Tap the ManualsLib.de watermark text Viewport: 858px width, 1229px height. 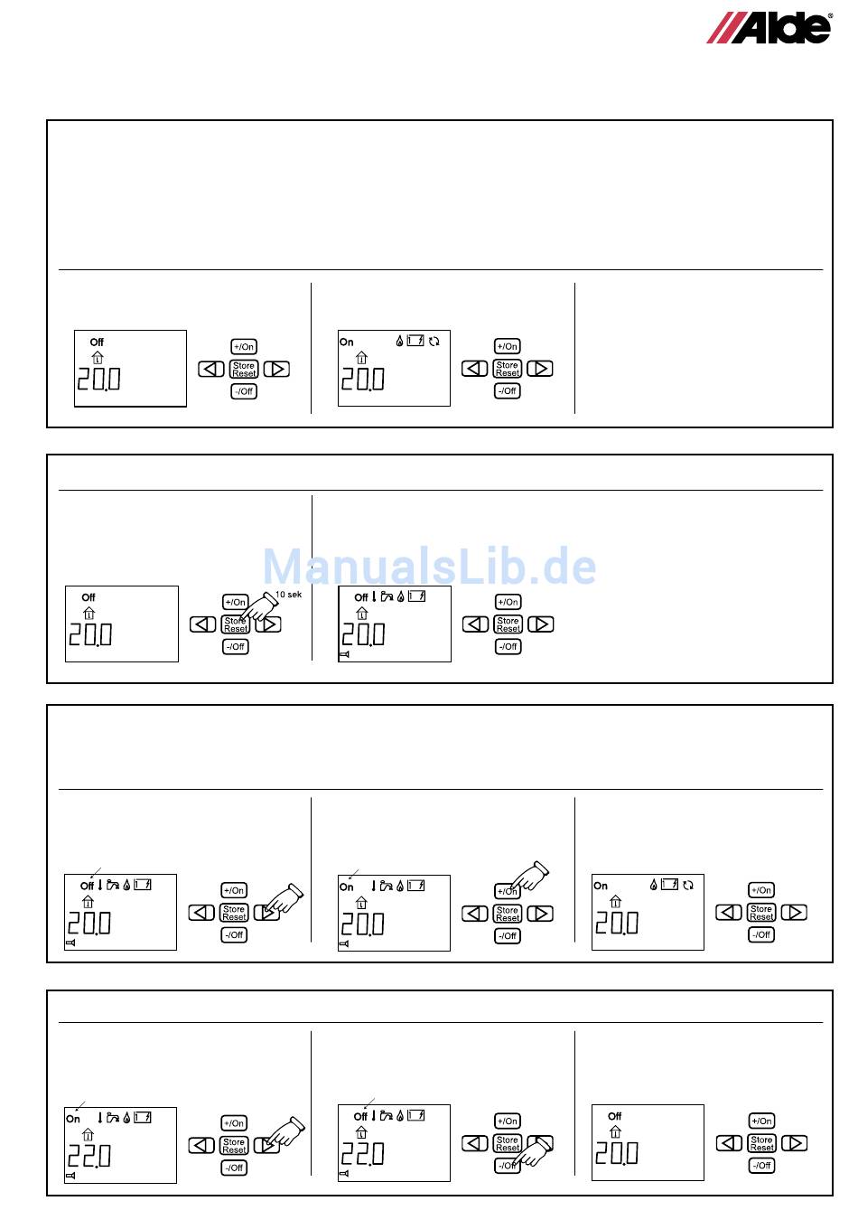(429, 568)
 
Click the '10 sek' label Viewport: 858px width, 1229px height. (288, 594)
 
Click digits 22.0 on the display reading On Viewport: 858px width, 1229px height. (89, 1156)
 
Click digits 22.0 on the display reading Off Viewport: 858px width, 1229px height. (362, 1154)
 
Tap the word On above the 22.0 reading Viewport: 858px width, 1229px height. (73, 1119)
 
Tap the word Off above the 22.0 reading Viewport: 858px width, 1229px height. (360, 1116)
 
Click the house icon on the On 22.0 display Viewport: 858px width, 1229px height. (88, 1134)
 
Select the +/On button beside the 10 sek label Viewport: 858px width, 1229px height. (235, 602)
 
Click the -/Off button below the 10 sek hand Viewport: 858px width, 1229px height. (235, 646)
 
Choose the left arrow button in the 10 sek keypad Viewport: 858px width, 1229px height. (203, 624)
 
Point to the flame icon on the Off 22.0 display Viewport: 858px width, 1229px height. (400, 1115)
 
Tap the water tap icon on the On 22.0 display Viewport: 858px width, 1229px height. (113, 1118)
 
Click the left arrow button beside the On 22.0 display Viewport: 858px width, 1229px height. (201, 1145)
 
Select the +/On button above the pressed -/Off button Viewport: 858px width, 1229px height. (508, 1121)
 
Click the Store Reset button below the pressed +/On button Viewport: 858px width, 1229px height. (508, 914)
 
